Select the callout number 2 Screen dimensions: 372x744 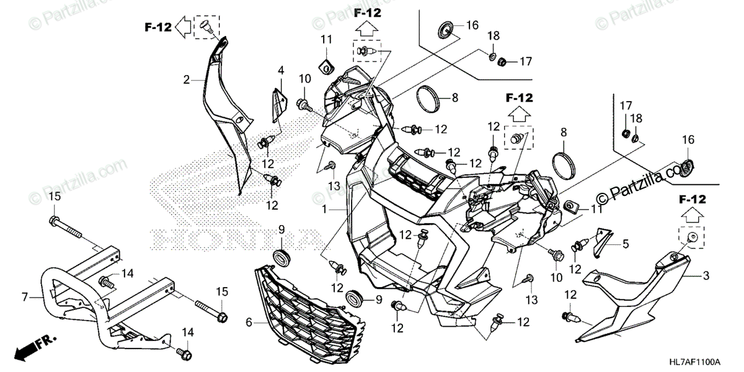pyautogui.click(x=185, y=79)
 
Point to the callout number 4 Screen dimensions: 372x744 pyautogui.click(x=280, y=69)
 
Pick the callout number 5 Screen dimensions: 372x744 pyautogui.click(x=626, y=244)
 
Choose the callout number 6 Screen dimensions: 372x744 pyautogui.click(x=249, y=322)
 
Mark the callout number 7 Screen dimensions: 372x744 pyautogui.click(x=25, y=298)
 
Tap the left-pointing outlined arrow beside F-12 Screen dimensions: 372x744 pyautogui.click(x=184, y=27)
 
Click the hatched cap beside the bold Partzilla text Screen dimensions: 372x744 pyautogui.click(x=685, y=167)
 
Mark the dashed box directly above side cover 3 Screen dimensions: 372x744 pyautogui.click(x=693, y=236)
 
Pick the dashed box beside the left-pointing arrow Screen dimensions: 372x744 pyautogui.click(x=207, y=27)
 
